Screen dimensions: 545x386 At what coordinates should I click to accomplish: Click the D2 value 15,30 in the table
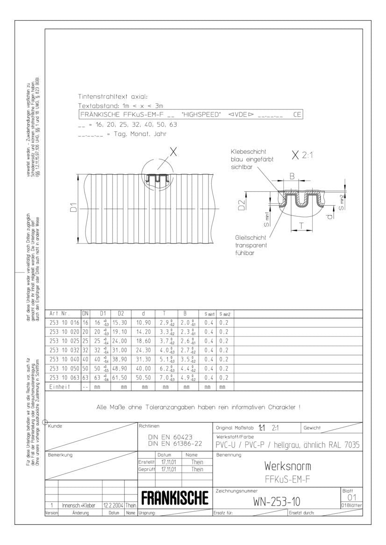tap(120, 323)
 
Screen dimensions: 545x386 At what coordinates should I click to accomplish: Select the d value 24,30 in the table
tap(144, 350)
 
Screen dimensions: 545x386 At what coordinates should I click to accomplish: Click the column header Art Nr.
tap(59, 314)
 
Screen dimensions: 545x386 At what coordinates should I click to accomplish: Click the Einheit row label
tap(60, 387)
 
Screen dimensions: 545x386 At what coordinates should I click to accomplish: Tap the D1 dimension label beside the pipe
tap(73, 208)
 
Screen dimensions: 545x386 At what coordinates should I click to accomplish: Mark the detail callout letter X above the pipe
tap(173, 151)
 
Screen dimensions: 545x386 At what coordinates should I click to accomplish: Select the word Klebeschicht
tap(249, 152)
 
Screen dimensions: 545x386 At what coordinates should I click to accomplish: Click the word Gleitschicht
tap(250, 238)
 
